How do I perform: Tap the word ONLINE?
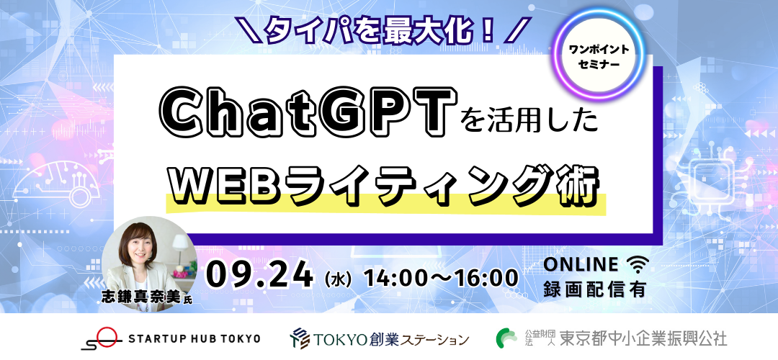point(581,265)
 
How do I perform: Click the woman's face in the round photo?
point(140,245)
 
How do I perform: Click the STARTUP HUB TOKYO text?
point(194,338)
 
